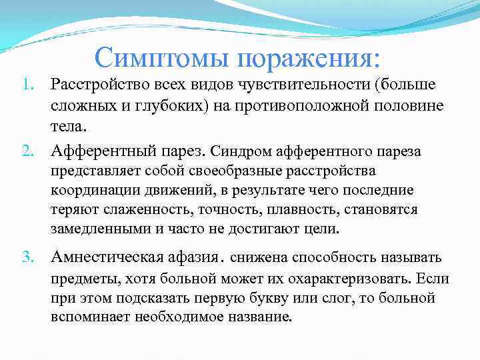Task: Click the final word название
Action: coord(258,317)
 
